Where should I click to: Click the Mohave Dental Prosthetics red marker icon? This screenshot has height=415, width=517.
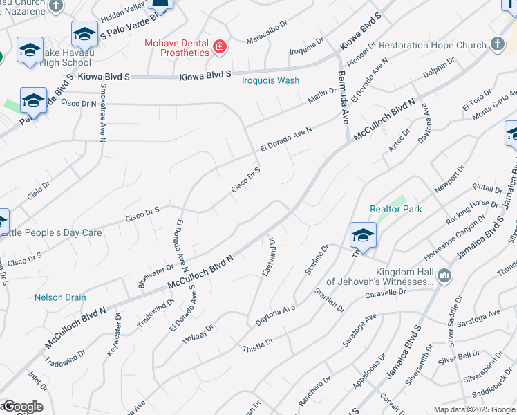220,47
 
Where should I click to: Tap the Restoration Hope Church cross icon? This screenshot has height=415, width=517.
496,45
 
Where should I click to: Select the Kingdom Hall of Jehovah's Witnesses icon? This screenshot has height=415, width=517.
444,276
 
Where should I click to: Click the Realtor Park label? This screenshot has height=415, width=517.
395,209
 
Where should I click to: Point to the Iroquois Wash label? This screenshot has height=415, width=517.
270,80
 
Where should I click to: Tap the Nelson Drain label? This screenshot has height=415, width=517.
60,297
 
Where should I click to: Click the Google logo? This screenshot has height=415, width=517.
22,407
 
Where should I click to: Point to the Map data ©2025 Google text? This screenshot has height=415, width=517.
473,409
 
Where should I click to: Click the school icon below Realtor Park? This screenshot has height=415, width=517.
363,236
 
